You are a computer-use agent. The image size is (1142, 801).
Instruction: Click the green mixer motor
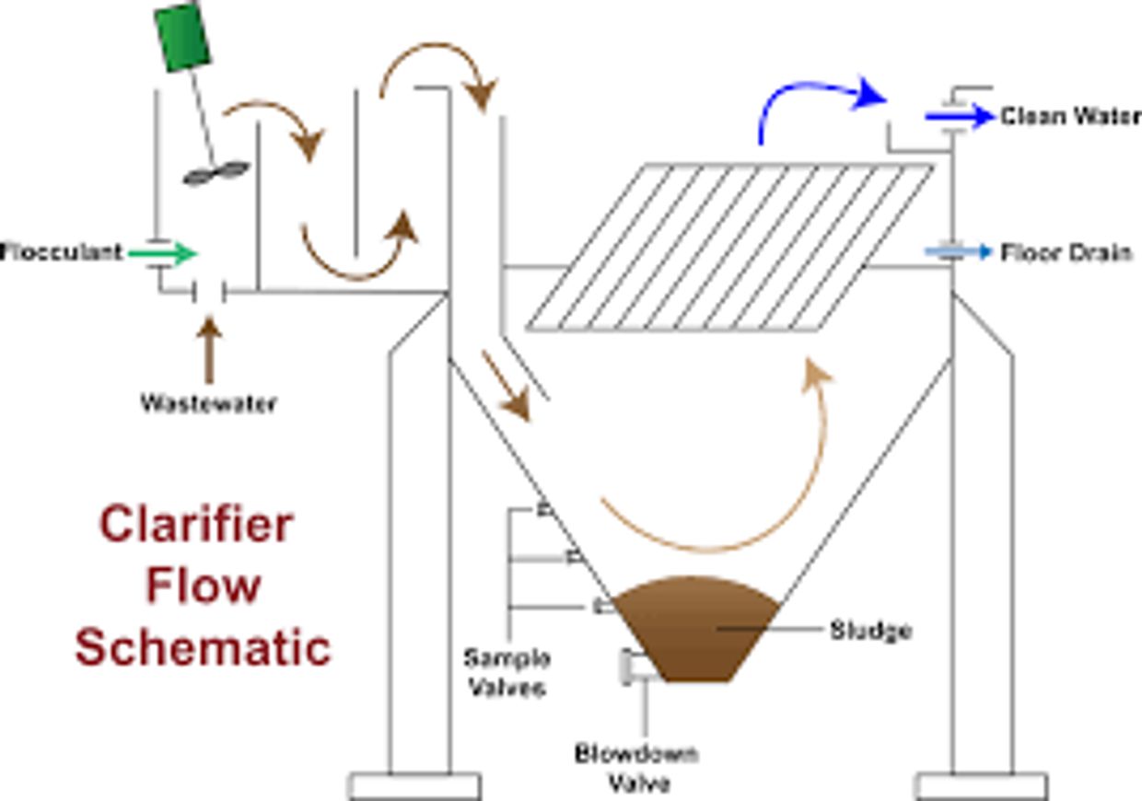click(182, 36)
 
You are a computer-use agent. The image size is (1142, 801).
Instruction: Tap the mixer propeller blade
click(216, 174)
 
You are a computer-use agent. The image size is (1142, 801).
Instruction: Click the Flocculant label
click(61, 252)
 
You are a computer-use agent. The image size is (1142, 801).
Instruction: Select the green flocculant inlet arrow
click(162, 253)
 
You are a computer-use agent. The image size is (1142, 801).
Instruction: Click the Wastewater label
click(208, 403)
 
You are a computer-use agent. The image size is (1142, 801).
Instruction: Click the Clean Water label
click(1070, 117)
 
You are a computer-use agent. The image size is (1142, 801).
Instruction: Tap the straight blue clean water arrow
click(960, 117)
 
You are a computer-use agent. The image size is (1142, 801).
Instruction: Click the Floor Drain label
click(1066, 253)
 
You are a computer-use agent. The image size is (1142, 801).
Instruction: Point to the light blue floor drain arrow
click(959, 251)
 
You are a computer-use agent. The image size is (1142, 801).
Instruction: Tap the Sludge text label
click(871, 631)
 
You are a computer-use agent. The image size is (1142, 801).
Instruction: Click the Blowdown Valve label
click(637, 769)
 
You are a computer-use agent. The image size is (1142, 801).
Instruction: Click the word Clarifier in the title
click(196, 525)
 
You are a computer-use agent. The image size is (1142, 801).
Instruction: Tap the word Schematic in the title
click(204, 647)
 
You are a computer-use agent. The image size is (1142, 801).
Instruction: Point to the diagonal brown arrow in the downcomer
click(507, 387)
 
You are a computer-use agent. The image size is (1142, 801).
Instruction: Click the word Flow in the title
click(204, 586)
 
